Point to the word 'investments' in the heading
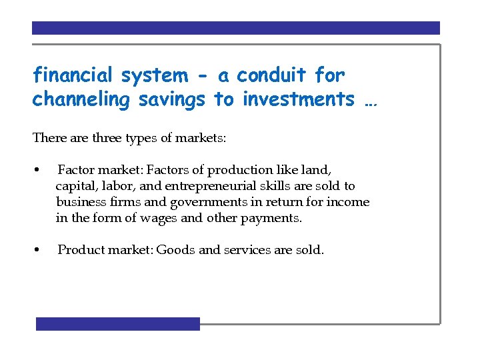coord(299,99)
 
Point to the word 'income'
coord(349,202)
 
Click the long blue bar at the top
coord(236,28)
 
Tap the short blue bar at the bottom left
coord(118,324)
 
